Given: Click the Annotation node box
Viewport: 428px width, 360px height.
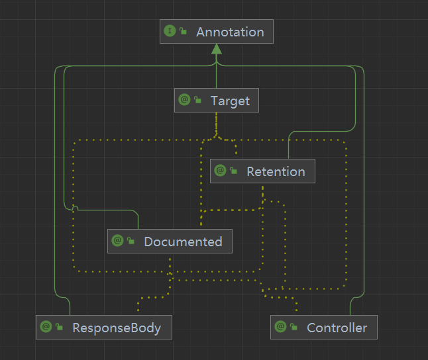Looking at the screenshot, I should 216,32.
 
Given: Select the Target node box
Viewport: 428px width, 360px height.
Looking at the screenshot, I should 216,101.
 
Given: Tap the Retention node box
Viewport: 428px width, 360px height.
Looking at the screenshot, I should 262,171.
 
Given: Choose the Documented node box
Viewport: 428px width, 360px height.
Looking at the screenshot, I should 170,242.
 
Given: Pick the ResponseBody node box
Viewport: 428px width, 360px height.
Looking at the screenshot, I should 104,328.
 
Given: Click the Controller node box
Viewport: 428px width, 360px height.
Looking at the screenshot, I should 324,328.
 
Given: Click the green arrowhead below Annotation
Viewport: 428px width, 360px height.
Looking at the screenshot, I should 216,50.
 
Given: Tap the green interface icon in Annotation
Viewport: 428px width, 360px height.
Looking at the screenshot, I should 170,31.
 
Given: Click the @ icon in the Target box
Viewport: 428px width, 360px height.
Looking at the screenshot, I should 184,100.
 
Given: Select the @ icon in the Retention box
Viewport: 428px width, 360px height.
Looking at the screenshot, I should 221,171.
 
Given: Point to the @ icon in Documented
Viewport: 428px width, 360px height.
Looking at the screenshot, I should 118,241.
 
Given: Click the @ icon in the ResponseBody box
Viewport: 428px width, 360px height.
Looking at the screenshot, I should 46,327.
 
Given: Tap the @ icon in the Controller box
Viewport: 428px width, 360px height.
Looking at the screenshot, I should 280,327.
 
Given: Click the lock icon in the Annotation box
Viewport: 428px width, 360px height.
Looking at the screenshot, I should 183,32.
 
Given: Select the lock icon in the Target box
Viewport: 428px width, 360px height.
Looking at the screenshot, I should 197,101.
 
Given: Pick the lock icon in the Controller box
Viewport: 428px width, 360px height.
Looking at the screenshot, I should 294,328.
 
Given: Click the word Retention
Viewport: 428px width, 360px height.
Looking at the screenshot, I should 276,171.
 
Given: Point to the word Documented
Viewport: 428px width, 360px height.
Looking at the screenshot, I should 183,242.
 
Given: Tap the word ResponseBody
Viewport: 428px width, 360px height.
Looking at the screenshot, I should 117,328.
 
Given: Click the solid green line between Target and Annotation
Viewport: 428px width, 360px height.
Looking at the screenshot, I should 216,73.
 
